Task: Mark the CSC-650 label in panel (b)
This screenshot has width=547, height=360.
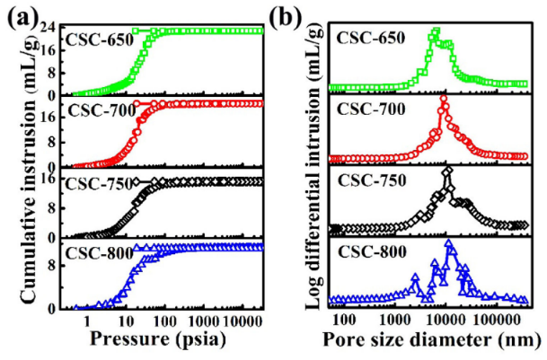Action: click(x=367, y=39)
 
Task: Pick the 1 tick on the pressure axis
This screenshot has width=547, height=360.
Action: click(x=87, y=319)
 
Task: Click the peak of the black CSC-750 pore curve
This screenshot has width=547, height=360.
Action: click(x=446, y=171)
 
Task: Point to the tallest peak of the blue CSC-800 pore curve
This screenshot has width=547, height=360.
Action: click(x=449, y=244)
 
